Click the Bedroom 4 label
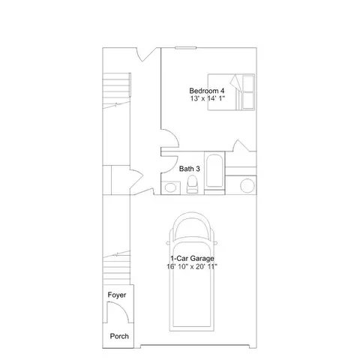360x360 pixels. (207, 91)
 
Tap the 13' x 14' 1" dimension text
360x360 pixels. (208, 98)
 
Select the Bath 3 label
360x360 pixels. (190, 169)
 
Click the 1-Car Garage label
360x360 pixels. (192, 258)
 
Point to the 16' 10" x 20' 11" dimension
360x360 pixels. (192, 266)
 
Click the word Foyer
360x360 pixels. (117, 295)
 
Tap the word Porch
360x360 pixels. (119, 336)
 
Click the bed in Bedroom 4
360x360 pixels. (231, 92)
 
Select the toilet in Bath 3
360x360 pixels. (192, 184)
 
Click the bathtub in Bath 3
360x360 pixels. (214, 171)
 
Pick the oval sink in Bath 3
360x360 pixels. (170, 187)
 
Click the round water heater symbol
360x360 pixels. (247, 186)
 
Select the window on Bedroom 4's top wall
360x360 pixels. (185, 47)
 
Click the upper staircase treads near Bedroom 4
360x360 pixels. (116, 91)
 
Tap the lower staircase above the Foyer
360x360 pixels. (116, 268)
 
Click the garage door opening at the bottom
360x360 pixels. (195, 346)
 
